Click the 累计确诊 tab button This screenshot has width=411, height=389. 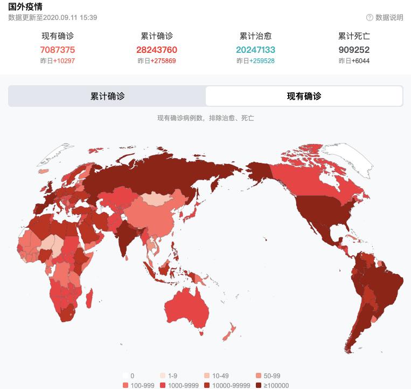click(107, 96)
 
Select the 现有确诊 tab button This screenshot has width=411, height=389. click(304, 96)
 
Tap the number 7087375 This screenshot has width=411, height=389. click(58, 50)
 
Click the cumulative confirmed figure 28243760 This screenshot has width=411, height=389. click(157, 50)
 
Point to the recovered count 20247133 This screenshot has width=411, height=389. click(255, 50)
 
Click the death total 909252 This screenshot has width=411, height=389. click(354, 50)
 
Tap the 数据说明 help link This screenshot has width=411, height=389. click(385, 17)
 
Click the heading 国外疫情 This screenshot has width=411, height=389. click(25, 6)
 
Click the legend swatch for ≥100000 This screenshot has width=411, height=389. click(259, 385)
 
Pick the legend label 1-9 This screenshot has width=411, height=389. click(172, 376)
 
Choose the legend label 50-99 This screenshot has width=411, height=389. click(272, 376)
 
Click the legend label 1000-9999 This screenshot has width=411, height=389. click(183, 385)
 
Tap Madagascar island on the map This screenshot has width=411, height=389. click(89, 298)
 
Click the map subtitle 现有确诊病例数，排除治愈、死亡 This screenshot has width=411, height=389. click(205, 118)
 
